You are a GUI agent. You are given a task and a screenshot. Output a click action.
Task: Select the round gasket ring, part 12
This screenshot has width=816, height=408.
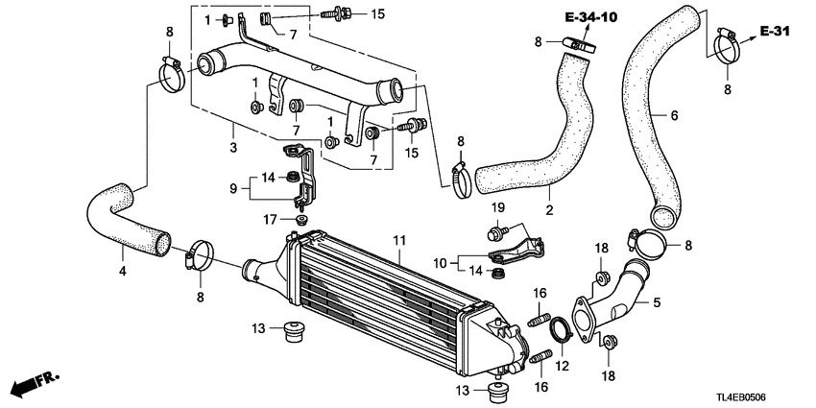coord(559,332)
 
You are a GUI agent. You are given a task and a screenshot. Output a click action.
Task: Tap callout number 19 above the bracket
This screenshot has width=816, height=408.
coord(497,208)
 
